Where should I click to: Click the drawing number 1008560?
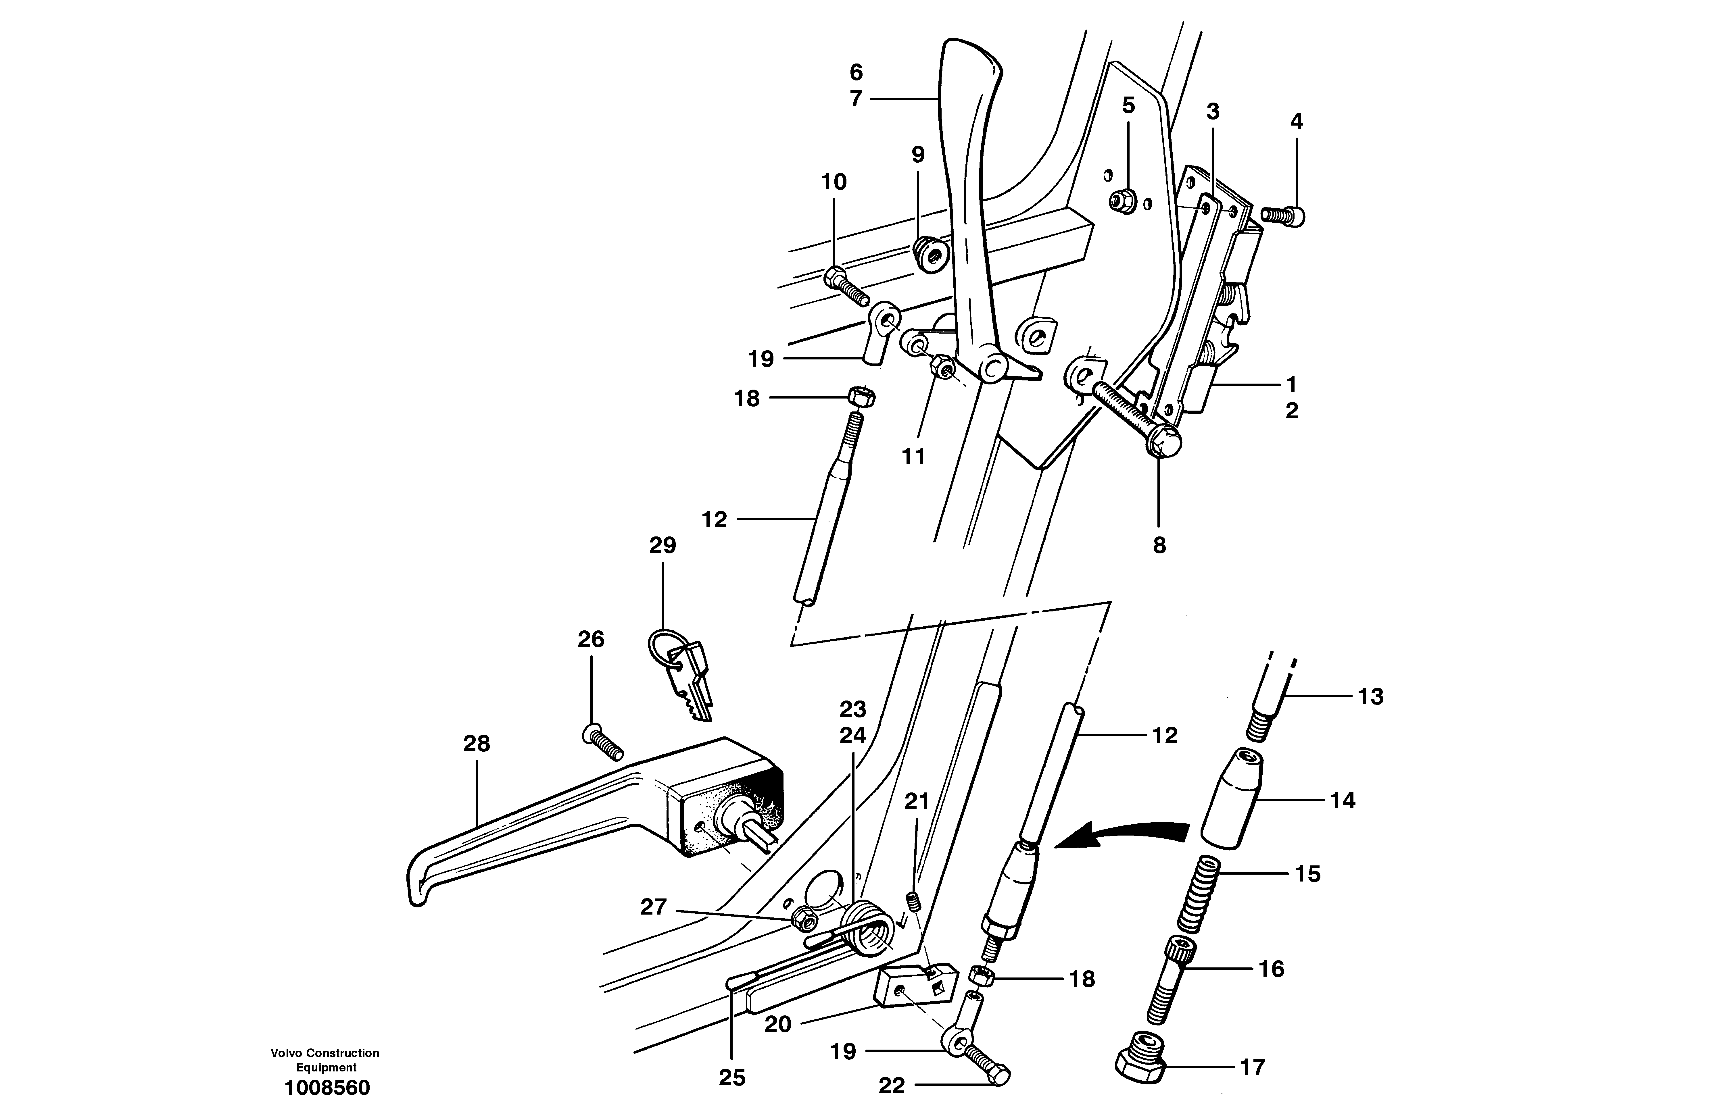point(327,1088)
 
